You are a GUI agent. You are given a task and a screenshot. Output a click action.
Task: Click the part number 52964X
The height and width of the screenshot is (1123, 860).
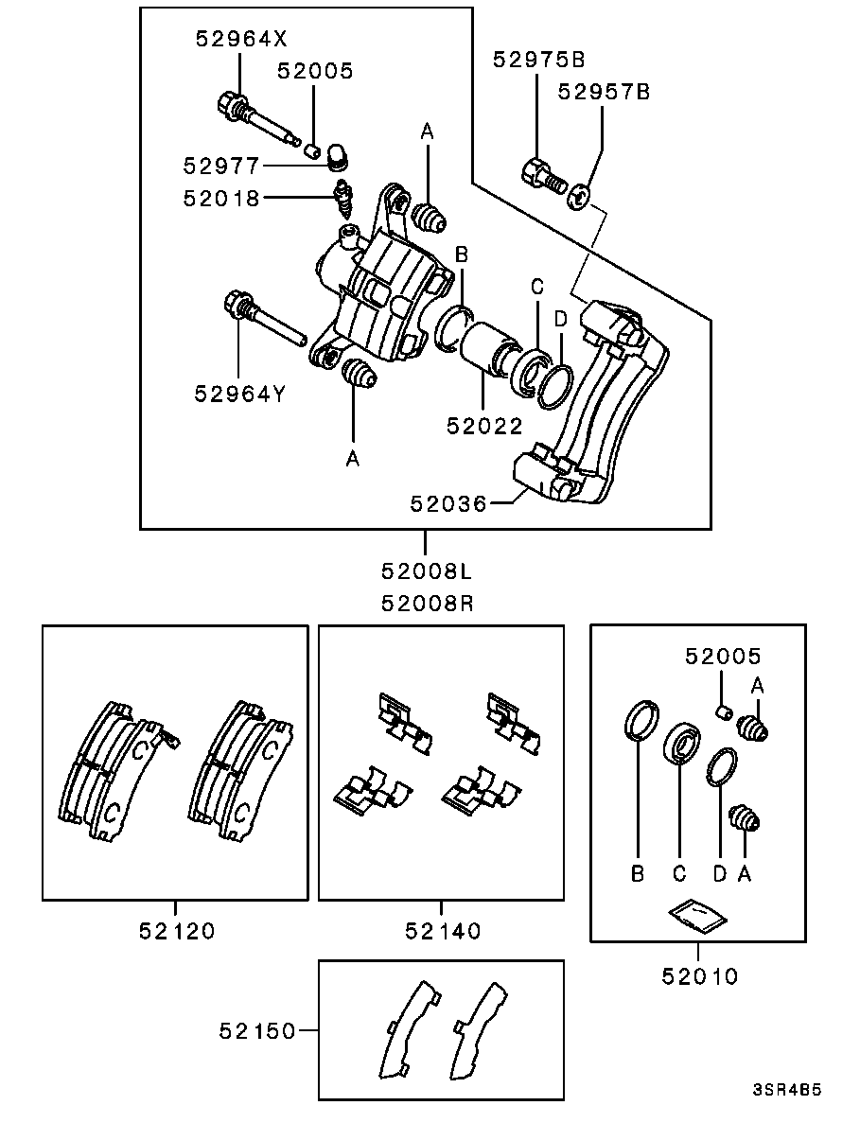point(241,39)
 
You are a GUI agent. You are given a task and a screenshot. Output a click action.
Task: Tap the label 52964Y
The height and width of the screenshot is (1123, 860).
point(240,394)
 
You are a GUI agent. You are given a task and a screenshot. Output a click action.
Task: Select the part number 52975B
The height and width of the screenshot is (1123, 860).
point(539,60)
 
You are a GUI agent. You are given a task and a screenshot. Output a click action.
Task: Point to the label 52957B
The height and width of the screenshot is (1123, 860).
point(605,93)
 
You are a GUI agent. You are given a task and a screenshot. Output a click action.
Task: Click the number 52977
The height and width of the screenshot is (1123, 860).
point(221,167)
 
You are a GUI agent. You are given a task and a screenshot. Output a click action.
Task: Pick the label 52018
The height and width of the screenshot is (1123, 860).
point(221,199)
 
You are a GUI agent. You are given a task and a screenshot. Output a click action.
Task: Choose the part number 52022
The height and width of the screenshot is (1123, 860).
point(484,426)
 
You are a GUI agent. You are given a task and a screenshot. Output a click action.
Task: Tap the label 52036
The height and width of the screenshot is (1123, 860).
point(448,504)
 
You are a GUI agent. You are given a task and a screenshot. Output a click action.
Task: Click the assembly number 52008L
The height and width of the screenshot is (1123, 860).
point(427,571)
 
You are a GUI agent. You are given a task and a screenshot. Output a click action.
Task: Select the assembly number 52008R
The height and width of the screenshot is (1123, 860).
point(427,604)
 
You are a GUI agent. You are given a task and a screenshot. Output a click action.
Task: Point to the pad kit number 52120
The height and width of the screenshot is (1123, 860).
point(177,931)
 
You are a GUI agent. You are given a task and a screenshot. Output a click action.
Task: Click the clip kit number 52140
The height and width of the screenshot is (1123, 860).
point(443,931)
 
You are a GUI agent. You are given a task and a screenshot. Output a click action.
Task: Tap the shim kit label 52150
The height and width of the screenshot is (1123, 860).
point(257,1031)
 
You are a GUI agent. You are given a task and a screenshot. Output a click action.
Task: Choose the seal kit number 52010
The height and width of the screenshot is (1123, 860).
point(699,976)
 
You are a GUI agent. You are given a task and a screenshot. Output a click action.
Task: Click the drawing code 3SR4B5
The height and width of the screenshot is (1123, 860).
point(786,1091)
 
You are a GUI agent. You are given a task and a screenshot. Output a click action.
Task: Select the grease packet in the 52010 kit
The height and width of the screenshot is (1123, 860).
point(697,915)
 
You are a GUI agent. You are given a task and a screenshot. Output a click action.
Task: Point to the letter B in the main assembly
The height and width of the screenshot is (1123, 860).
point(462,254)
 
